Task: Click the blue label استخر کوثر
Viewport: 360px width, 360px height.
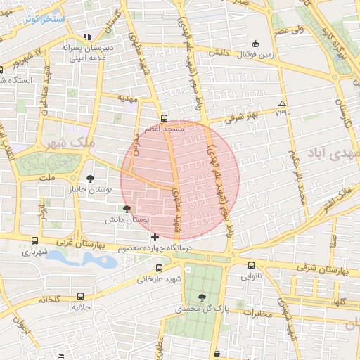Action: pos(44,19)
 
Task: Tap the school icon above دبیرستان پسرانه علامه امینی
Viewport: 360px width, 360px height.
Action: pos(86,37)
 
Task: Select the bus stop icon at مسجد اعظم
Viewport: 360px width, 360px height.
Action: pos(164,118)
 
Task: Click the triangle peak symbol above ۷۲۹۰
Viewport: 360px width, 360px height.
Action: pos(283,103)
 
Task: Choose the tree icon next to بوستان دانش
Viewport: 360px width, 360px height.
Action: pos(127,209)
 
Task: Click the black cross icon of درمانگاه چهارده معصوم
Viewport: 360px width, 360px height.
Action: pos(155,237)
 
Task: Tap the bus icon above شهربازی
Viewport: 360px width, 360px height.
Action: pos(30,239)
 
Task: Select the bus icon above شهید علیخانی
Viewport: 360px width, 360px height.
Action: pos(160,268)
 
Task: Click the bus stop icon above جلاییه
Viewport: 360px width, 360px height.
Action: pos(81,296)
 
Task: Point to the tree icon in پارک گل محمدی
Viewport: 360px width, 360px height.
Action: pos(202,297)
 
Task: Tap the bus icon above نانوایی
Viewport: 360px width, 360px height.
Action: pos(252,265)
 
